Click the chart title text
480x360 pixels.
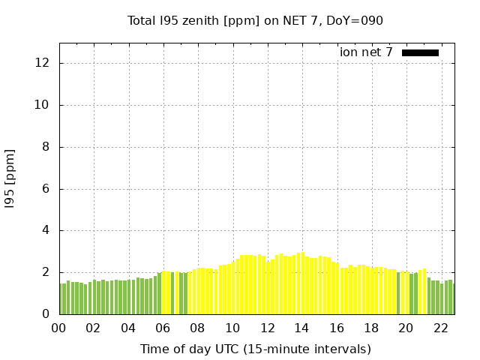click(255, 20)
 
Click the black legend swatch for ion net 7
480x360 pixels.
click(420, 52)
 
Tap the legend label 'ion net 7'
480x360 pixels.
click(366, 52)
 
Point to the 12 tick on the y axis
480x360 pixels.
click(43, 63)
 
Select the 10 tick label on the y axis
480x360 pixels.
click(43, 105)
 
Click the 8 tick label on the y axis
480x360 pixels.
click(46, 147)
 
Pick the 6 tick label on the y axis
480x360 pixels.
click(46, 189)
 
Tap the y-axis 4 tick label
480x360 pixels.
click(46, 230)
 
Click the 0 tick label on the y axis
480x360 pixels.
click(46, 314)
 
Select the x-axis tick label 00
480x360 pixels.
click(58, 328)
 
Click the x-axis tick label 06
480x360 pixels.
click(163, 328)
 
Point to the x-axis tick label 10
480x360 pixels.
click(232, 328)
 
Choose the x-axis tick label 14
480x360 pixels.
click(301, 328)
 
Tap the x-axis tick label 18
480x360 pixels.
click(371, 328)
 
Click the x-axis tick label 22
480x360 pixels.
click(440, 328)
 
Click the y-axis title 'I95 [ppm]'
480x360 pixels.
click(10, 178)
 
